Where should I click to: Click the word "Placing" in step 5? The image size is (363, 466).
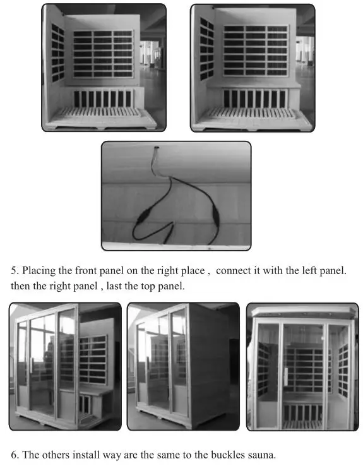pos(40,270)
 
